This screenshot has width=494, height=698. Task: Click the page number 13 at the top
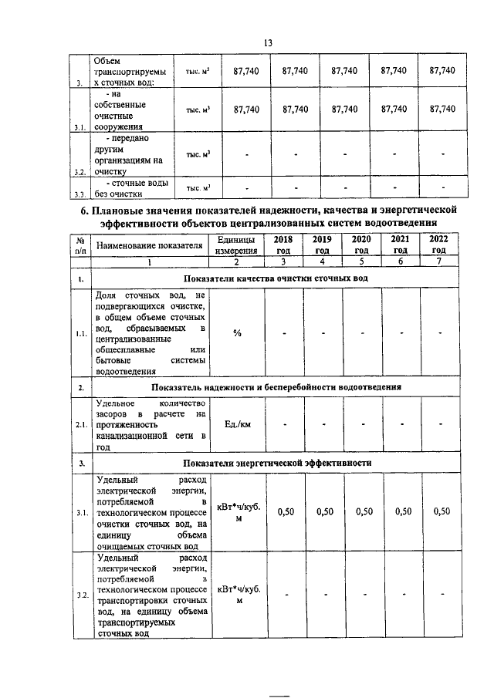(x=268, y=42)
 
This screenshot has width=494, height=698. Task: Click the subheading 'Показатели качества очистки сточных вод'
(x=276, y=277)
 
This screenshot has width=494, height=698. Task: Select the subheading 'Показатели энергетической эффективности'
(x=276, y=463)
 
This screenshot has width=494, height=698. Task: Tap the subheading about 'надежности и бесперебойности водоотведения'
(x=276, y=386)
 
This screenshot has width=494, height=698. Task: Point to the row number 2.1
(x=80, y=425)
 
